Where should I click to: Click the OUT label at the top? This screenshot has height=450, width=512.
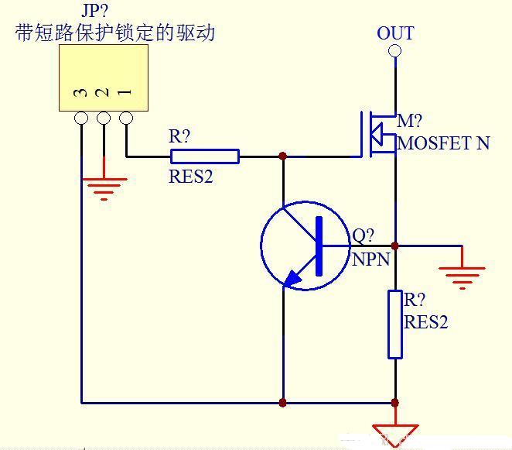395,33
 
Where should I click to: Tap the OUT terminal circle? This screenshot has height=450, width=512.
395,51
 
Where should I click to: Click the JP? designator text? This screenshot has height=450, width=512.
95,11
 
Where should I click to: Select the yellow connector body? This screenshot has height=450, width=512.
104,77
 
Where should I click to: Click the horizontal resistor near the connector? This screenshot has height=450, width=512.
204,156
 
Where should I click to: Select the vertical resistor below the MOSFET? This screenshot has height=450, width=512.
395,324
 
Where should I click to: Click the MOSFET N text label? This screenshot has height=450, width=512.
444,143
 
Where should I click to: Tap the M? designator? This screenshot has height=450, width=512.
410,122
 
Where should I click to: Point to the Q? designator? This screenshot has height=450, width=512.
364,236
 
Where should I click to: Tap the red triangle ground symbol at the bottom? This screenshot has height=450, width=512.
395,435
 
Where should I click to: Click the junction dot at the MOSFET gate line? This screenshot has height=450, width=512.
283,156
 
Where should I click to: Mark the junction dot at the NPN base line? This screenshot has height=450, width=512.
395,246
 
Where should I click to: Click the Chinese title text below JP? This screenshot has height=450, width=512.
114,33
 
